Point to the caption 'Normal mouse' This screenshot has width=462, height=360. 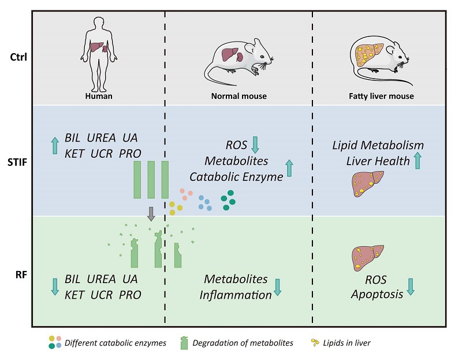pyautogui.click(x=239, y=96)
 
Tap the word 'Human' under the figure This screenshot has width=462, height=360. pyautogui.click(x=96, y=96)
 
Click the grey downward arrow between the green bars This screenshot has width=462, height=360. pyautogui.click(x=151, y=213)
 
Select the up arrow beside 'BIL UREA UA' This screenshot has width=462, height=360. pyautogui.click(x=55, y=146)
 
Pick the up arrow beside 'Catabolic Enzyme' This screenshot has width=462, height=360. pyautogui.click(x=290, y=169)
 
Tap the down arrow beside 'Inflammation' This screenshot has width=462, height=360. pyautogui.click(x=277, y=287)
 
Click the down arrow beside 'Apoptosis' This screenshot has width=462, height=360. pyautogui.click(x=411, y=287)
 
